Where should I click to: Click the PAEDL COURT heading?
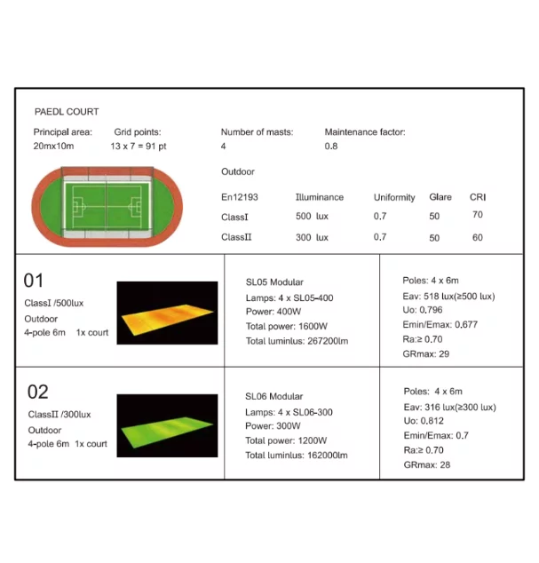pyautogui.click(x=67, y=112)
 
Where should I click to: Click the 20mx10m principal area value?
pyautogui.click(x=54, y=145)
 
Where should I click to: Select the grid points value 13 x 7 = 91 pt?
pyautogui.click(x=139, y=145)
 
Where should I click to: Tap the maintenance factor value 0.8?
pyautogui.click(x=331, y=146)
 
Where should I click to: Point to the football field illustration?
pyautogui.click(x=106, y=207)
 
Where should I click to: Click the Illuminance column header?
pyautogui.click(x=319, y=197)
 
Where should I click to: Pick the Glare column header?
pyautogui.click(x=440, y=197)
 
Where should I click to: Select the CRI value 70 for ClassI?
pyautogui.click(x=478, y=215)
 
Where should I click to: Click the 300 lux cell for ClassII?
pyautogui.click(x=312, y=238)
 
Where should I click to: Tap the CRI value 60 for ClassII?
pyautogui.click(x=478, y=237)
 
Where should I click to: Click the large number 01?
pyautogui.click(x=34, y=281)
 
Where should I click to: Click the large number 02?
pyautogui.click(x=37, y=392)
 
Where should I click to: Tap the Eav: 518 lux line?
pyautogui.click(x=448, y=296)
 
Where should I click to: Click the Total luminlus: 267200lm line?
pyautogui.click(x=296, y=342)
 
